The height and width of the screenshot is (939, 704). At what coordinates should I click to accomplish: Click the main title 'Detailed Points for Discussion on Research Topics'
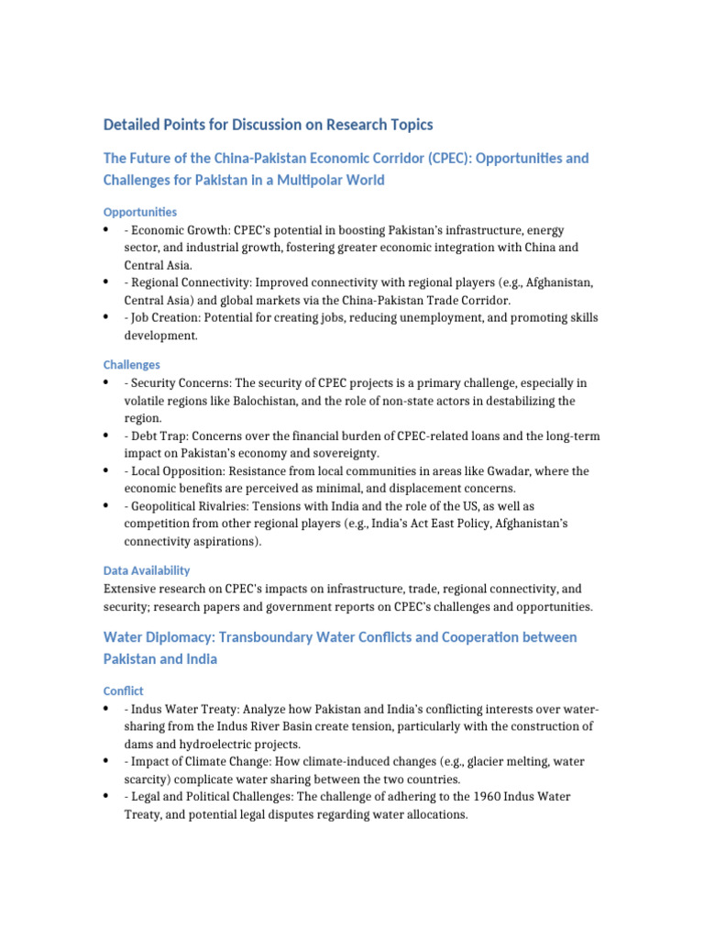(268, 125)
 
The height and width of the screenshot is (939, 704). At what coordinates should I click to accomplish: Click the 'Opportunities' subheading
(140, 212)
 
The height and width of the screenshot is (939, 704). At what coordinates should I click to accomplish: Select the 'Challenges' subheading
(131, 364)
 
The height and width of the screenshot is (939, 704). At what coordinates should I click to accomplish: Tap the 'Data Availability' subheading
(147, 570)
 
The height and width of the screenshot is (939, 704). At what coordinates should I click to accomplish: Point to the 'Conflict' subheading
(124, 690)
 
